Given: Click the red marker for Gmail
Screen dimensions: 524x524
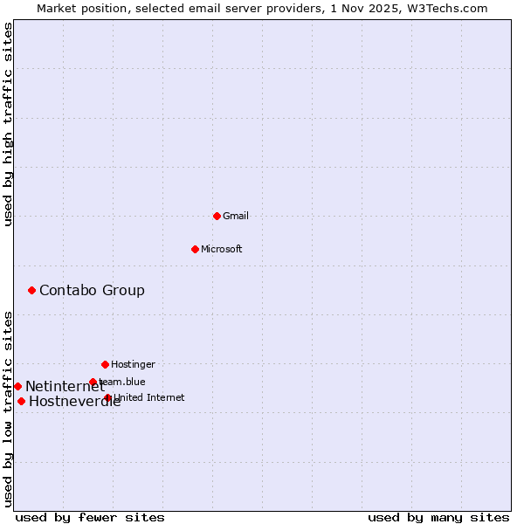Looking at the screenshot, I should (217, 216).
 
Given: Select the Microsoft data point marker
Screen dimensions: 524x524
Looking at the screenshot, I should (195, 249).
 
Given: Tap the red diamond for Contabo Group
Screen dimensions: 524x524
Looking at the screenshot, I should (31, 290).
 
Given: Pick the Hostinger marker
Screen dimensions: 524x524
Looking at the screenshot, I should (105, 364).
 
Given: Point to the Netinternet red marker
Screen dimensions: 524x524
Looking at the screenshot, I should (17, 386).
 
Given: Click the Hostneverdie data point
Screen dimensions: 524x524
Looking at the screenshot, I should (21, 401).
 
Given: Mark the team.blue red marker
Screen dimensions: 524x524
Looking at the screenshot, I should (93, 382).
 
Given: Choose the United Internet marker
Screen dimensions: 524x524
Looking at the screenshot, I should (107, 397).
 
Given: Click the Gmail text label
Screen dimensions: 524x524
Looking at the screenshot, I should (236, 216).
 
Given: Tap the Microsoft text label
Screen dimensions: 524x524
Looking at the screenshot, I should (222, 249).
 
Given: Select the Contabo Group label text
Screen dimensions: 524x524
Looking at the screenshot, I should (92, 290).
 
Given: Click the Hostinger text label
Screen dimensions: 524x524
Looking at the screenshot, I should (133, 364).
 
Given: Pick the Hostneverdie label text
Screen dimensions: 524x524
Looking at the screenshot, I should (74, 402).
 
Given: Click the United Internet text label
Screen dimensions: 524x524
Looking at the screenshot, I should (149, 397).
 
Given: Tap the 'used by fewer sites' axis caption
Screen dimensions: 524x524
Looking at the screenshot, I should (90, 517).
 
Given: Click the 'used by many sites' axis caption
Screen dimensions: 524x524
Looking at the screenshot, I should (438, 517).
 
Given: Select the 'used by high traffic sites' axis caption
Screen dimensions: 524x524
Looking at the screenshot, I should (8, 125).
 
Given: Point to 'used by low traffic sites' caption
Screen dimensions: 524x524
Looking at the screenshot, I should (8, 409).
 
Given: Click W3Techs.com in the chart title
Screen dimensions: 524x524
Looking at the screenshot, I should (446, 8).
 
